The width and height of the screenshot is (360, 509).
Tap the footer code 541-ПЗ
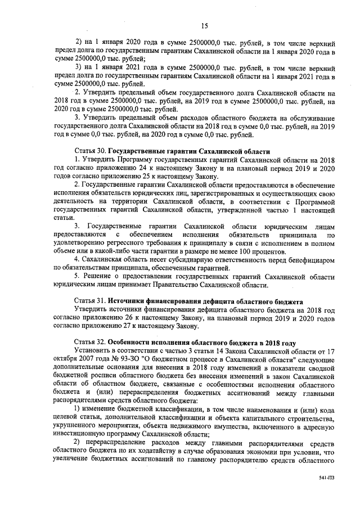[326, 477]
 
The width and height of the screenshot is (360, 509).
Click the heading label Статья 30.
[90, 151]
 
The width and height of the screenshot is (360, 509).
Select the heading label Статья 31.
[90, 301]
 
